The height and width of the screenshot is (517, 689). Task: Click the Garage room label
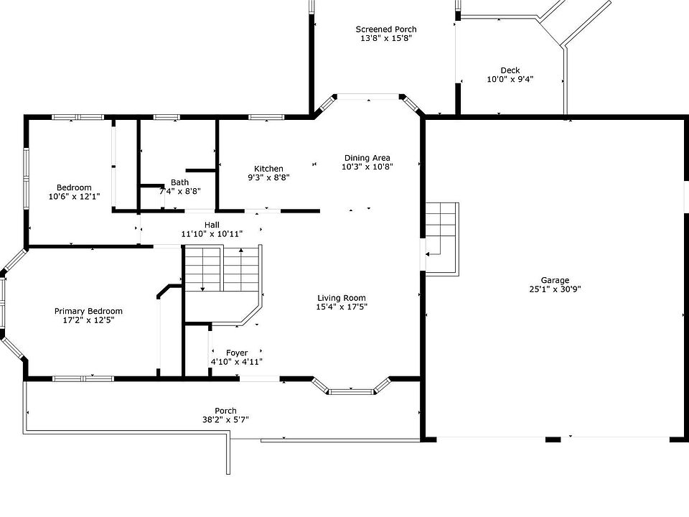pos(555,280)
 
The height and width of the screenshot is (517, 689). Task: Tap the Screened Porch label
pos(386,29)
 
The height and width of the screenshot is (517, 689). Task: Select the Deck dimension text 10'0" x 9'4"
pos(510,79)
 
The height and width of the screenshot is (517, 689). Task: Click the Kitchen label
pos(268,168)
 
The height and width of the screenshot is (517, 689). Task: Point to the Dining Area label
pos(367,158)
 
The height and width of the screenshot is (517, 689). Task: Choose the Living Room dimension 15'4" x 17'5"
pos(342,307)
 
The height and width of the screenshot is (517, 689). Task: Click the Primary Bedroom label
pos(88,311)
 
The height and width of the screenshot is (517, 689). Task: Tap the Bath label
pos(179,182)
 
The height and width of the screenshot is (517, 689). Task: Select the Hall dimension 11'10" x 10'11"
pos(212,234)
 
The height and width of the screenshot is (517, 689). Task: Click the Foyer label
pos(237,353)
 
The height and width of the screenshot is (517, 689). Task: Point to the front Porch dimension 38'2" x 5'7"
pos(225,419)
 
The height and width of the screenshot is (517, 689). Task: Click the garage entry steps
pos(442,239)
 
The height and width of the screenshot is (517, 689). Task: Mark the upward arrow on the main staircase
pos(241,269)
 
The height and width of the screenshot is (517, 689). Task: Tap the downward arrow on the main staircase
pos(202,269)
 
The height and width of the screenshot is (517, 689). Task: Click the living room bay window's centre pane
pos(351,391)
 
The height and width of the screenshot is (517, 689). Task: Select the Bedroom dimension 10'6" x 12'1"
pos(74,197)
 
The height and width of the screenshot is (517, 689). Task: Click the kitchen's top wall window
pos(266,117)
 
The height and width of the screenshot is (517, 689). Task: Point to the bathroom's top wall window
pos(167,117)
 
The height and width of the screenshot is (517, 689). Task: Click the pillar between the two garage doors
pos(553,439)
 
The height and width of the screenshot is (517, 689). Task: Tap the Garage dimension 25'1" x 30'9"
pos(555,289)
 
